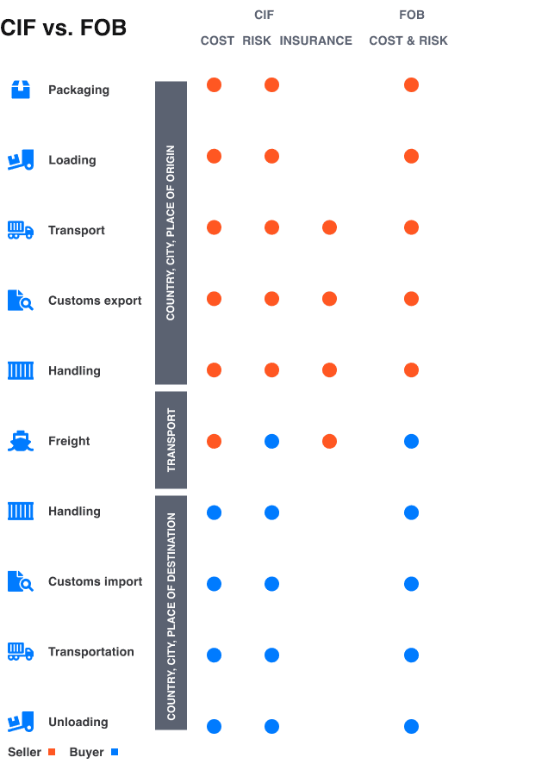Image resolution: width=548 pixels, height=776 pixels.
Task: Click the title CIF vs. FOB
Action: coord(63,28)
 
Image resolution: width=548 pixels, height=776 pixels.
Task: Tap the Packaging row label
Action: coord(78,90)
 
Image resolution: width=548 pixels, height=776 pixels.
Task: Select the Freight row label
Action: coord(69,441)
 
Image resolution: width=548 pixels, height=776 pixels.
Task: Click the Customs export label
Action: coord(95,301)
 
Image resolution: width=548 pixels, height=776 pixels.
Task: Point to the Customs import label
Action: coord(95,581)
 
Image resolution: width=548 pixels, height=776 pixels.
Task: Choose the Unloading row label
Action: coord(78,722)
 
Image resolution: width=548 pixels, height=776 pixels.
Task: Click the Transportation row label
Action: coord(90,652)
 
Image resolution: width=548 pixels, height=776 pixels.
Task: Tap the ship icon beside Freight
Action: coord(21,441)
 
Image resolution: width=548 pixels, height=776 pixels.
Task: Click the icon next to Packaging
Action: coord(21,90)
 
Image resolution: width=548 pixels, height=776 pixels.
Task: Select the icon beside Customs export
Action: coord(21,301)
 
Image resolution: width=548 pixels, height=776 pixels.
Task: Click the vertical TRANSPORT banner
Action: coord(171,440)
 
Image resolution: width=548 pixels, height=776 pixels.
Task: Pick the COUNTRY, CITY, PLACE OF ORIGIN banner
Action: coord(171,233)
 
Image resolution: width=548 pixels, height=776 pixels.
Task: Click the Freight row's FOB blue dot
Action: coord(411,442)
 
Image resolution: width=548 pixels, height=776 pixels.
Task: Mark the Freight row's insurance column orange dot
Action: coord(329,442)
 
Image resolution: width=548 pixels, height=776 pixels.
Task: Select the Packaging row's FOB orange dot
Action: coord(411,85)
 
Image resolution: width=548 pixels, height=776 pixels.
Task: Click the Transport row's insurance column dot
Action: coord(329,227)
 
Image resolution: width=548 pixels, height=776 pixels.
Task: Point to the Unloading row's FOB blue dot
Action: coord(411,726)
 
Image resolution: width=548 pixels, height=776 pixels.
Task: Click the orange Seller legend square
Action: coord(52,753)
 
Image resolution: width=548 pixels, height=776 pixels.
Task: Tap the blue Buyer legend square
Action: coord(115,753)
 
